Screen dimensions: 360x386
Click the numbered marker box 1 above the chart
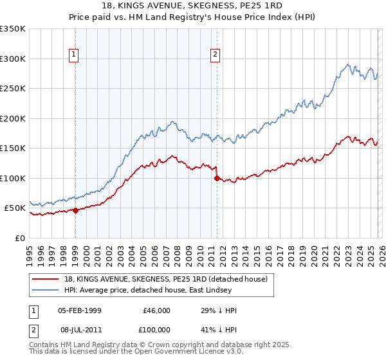click(x=75, y=55)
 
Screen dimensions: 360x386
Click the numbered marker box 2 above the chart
click(x=215, y=55)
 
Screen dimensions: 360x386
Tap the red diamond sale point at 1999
click(x=75, y=210)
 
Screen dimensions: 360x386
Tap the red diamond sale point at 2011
click(x=217, y=178)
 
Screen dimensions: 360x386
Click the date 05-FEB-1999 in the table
click(x=79, y=310)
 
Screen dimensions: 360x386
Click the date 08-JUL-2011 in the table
click(x=79, y=330)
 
